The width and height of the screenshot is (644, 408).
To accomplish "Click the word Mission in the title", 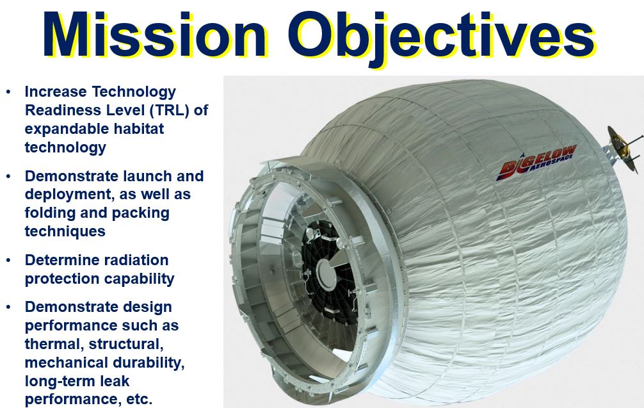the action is click(154, 35).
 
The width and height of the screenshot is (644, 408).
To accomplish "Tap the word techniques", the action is click(65, 231).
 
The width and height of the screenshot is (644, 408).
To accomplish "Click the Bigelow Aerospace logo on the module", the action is click(536, 163).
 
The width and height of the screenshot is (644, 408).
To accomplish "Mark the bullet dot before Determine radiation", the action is click(8, 261).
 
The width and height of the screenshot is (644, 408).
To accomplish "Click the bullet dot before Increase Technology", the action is click(8, 92).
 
